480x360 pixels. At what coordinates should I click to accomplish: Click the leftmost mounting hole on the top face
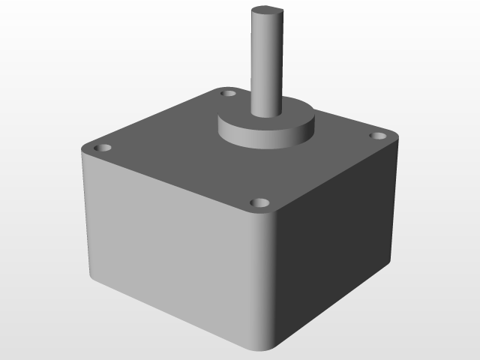[103, 148]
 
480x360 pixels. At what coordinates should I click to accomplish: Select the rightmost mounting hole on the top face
[378, 136]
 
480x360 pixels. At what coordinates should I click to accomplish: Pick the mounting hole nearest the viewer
[259, 203]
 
